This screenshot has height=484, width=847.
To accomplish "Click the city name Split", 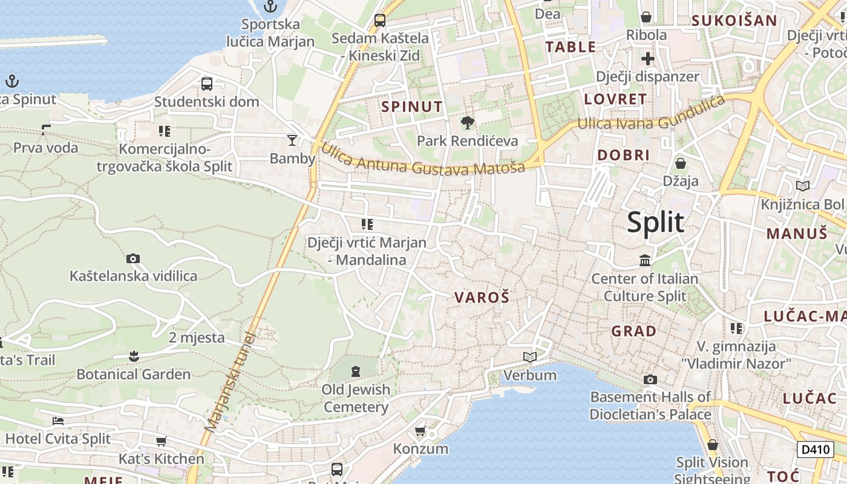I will (655, 223).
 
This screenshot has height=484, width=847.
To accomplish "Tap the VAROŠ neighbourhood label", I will (482, 297).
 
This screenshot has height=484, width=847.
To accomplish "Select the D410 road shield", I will (815, 450).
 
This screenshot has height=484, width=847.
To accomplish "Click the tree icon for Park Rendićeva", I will (467, 123).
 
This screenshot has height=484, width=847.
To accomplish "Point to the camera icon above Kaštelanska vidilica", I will (133, 259).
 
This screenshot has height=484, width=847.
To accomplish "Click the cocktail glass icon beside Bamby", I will (292, 140).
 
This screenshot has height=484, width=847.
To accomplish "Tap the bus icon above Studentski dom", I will (206, 83).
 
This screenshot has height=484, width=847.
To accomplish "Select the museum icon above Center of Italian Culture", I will (645, 261).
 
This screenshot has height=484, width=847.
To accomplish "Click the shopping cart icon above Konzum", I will (420, 431).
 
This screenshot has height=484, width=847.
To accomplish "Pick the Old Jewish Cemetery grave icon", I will (355, 371).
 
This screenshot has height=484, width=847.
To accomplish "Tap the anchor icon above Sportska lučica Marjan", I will (270, 7).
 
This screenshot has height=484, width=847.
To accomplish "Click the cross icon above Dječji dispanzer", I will (647, 59).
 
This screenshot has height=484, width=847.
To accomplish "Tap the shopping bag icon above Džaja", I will (681, 163).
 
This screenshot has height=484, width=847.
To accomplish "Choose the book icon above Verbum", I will (530, 358).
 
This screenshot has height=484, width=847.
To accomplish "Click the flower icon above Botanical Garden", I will (134, 356).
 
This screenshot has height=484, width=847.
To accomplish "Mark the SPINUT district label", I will (412, 107).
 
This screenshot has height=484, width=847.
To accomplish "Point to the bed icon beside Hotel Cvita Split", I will (58, 421).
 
